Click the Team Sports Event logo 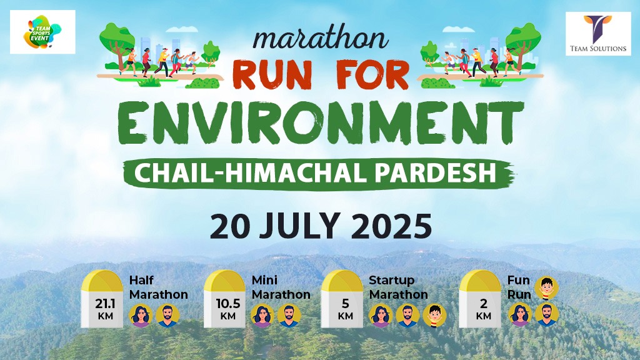tap(42, 31)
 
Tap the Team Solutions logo tap(598, 34)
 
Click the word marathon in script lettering tap(321, 39)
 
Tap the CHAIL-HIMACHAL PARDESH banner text tap(319, 172)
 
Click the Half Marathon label tap(158, 287)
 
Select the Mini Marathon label tap(281, 287)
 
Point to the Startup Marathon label tap(398, 287)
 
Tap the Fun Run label tap(519, 287)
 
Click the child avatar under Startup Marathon tap(434, 316)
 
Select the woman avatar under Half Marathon tap(141, 316)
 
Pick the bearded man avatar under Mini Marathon tap(288, 316)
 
